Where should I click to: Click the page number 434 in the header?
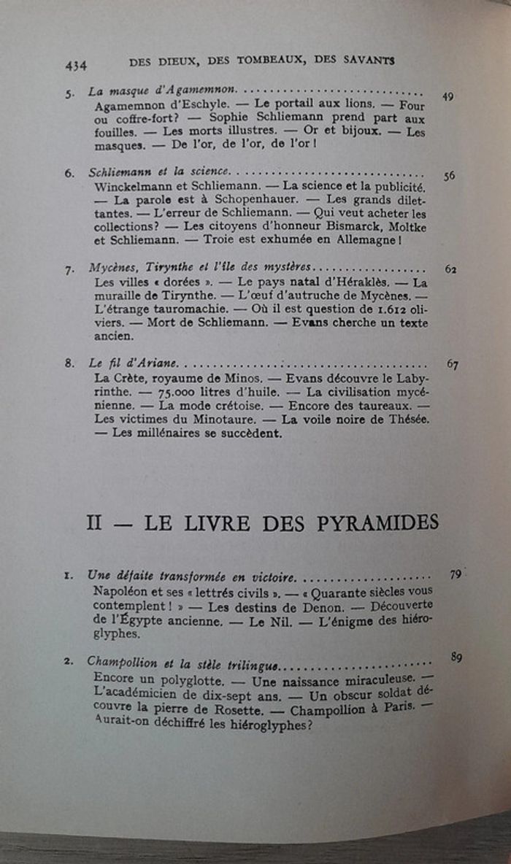76,66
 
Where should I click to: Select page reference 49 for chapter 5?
448,96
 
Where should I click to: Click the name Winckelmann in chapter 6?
134,186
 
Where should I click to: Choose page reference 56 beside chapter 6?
450,175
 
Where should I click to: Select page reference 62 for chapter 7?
451,269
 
